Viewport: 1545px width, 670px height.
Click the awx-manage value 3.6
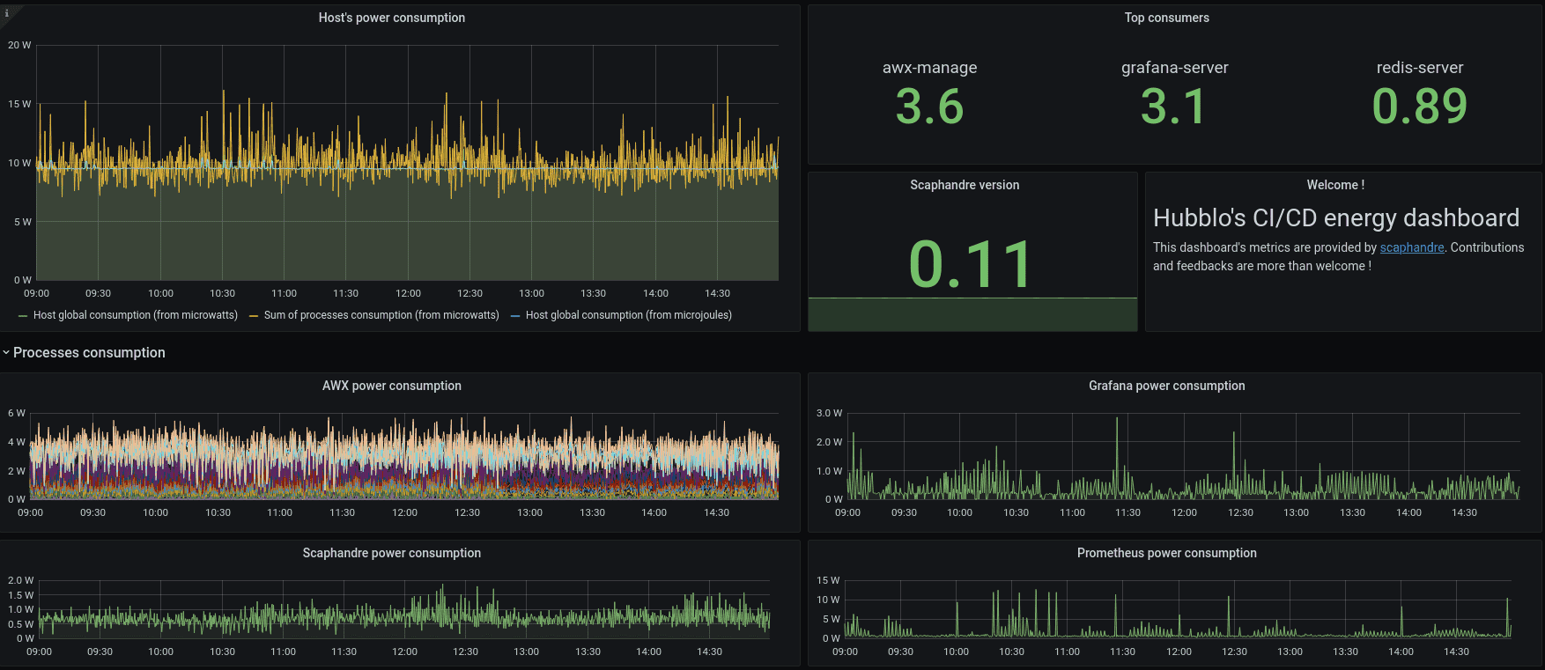(929, 107)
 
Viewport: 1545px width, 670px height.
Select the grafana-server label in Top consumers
(1174, 68)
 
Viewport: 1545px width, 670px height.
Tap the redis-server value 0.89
(1419, 107)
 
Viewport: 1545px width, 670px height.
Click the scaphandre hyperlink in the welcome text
(1411, 247)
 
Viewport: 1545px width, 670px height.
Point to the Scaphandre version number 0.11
(971, 264)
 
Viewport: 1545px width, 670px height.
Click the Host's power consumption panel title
(391, 18)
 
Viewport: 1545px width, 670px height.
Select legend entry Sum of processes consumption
(381, 315)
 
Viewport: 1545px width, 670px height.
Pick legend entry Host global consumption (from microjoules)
(628, 315)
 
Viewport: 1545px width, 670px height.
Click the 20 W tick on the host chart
(19, 45)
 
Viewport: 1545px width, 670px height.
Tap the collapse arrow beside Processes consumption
(6, 353)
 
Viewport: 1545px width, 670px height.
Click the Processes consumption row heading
(89, 353)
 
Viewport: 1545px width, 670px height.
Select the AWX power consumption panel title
(391, 386)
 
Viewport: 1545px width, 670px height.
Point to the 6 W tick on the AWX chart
(16, 413)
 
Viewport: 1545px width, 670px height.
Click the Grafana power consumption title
(1166, 386)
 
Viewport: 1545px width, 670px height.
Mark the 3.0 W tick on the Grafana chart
(829, 413)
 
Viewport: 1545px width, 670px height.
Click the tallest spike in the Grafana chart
(1117, 419)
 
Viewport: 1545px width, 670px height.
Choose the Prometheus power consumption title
(1166, 553)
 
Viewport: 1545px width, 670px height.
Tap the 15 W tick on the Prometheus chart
(827, 580)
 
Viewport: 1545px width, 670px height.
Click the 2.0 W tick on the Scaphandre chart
(20, 580)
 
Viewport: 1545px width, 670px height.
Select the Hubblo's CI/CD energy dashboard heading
(1335, 218)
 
